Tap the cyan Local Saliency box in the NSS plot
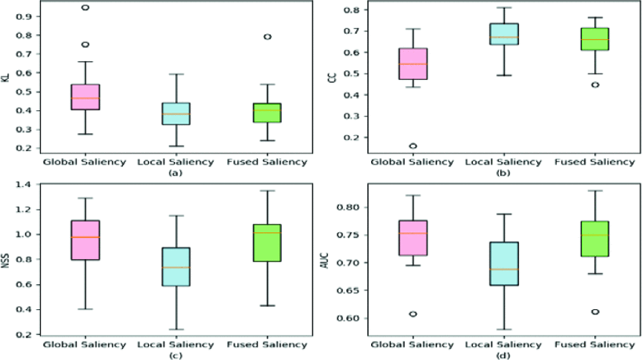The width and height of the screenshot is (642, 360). point(175,266)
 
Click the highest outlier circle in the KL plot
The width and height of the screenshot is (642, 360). point(85,8)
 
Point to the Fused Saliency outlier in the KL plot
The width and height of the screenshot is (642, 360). point(268,36)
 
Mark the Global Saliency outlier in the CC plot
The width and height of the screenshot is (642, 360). point(413,146)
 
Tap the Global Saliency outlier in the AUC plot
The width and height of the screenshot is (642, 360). point(413,314)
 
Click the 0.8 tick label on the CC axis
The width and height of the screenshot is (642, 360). point(351,10)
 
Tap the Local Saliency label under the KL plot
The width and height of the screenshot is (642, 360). point(176,161)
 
